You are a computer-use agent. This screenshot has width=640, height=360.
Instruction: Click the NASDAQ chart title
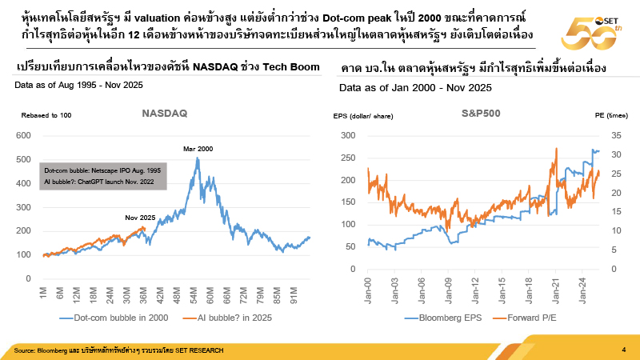tap(164, 114)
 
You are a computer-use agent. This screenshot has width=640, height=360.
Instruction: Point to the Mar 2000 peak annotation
tap(200, 150)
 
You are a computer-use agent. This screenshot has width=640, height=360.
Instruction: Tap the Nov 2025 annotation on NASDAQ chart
tap(141, 218)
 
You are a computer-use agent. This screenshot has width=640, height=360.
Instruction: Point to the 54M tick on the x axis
tap(194, 295)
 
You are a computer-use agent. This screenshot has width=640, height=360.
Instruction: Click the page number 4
tap(624, 350)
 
